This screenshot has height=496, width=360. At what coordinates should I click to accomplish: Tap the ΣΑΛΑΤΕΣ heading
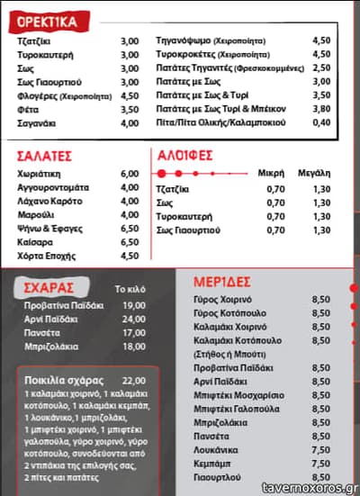pyautogui.click(x=46, y=155)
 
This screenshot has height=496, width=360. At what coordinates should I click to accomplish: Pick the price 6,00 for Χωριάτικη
pyautogui.click(x=130, y=174)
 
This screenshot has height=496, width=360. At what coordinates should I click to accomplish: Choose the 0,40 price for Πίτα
pyautogui.click(x=321, y=122)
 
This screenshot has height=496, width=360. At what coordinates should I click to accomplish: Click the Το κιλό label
pyautogui.click(x=130, y=290)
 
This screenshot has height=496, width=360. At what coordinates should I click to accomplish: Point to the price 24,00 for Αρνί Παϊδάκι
pyautogui.click(x=133, y=320)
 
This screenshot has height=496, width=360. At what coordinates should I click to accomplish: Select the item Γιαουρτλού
pyautogui.click(x=218, y=476)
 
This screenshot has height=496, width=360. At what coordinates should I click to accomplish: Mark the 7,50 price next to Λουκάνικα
pyautogui.click(x=319, y=448)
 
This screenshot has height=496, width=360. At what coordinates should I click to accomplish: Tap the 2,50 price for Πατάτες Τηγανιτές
pyautogui.click(x=321, y=68)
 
